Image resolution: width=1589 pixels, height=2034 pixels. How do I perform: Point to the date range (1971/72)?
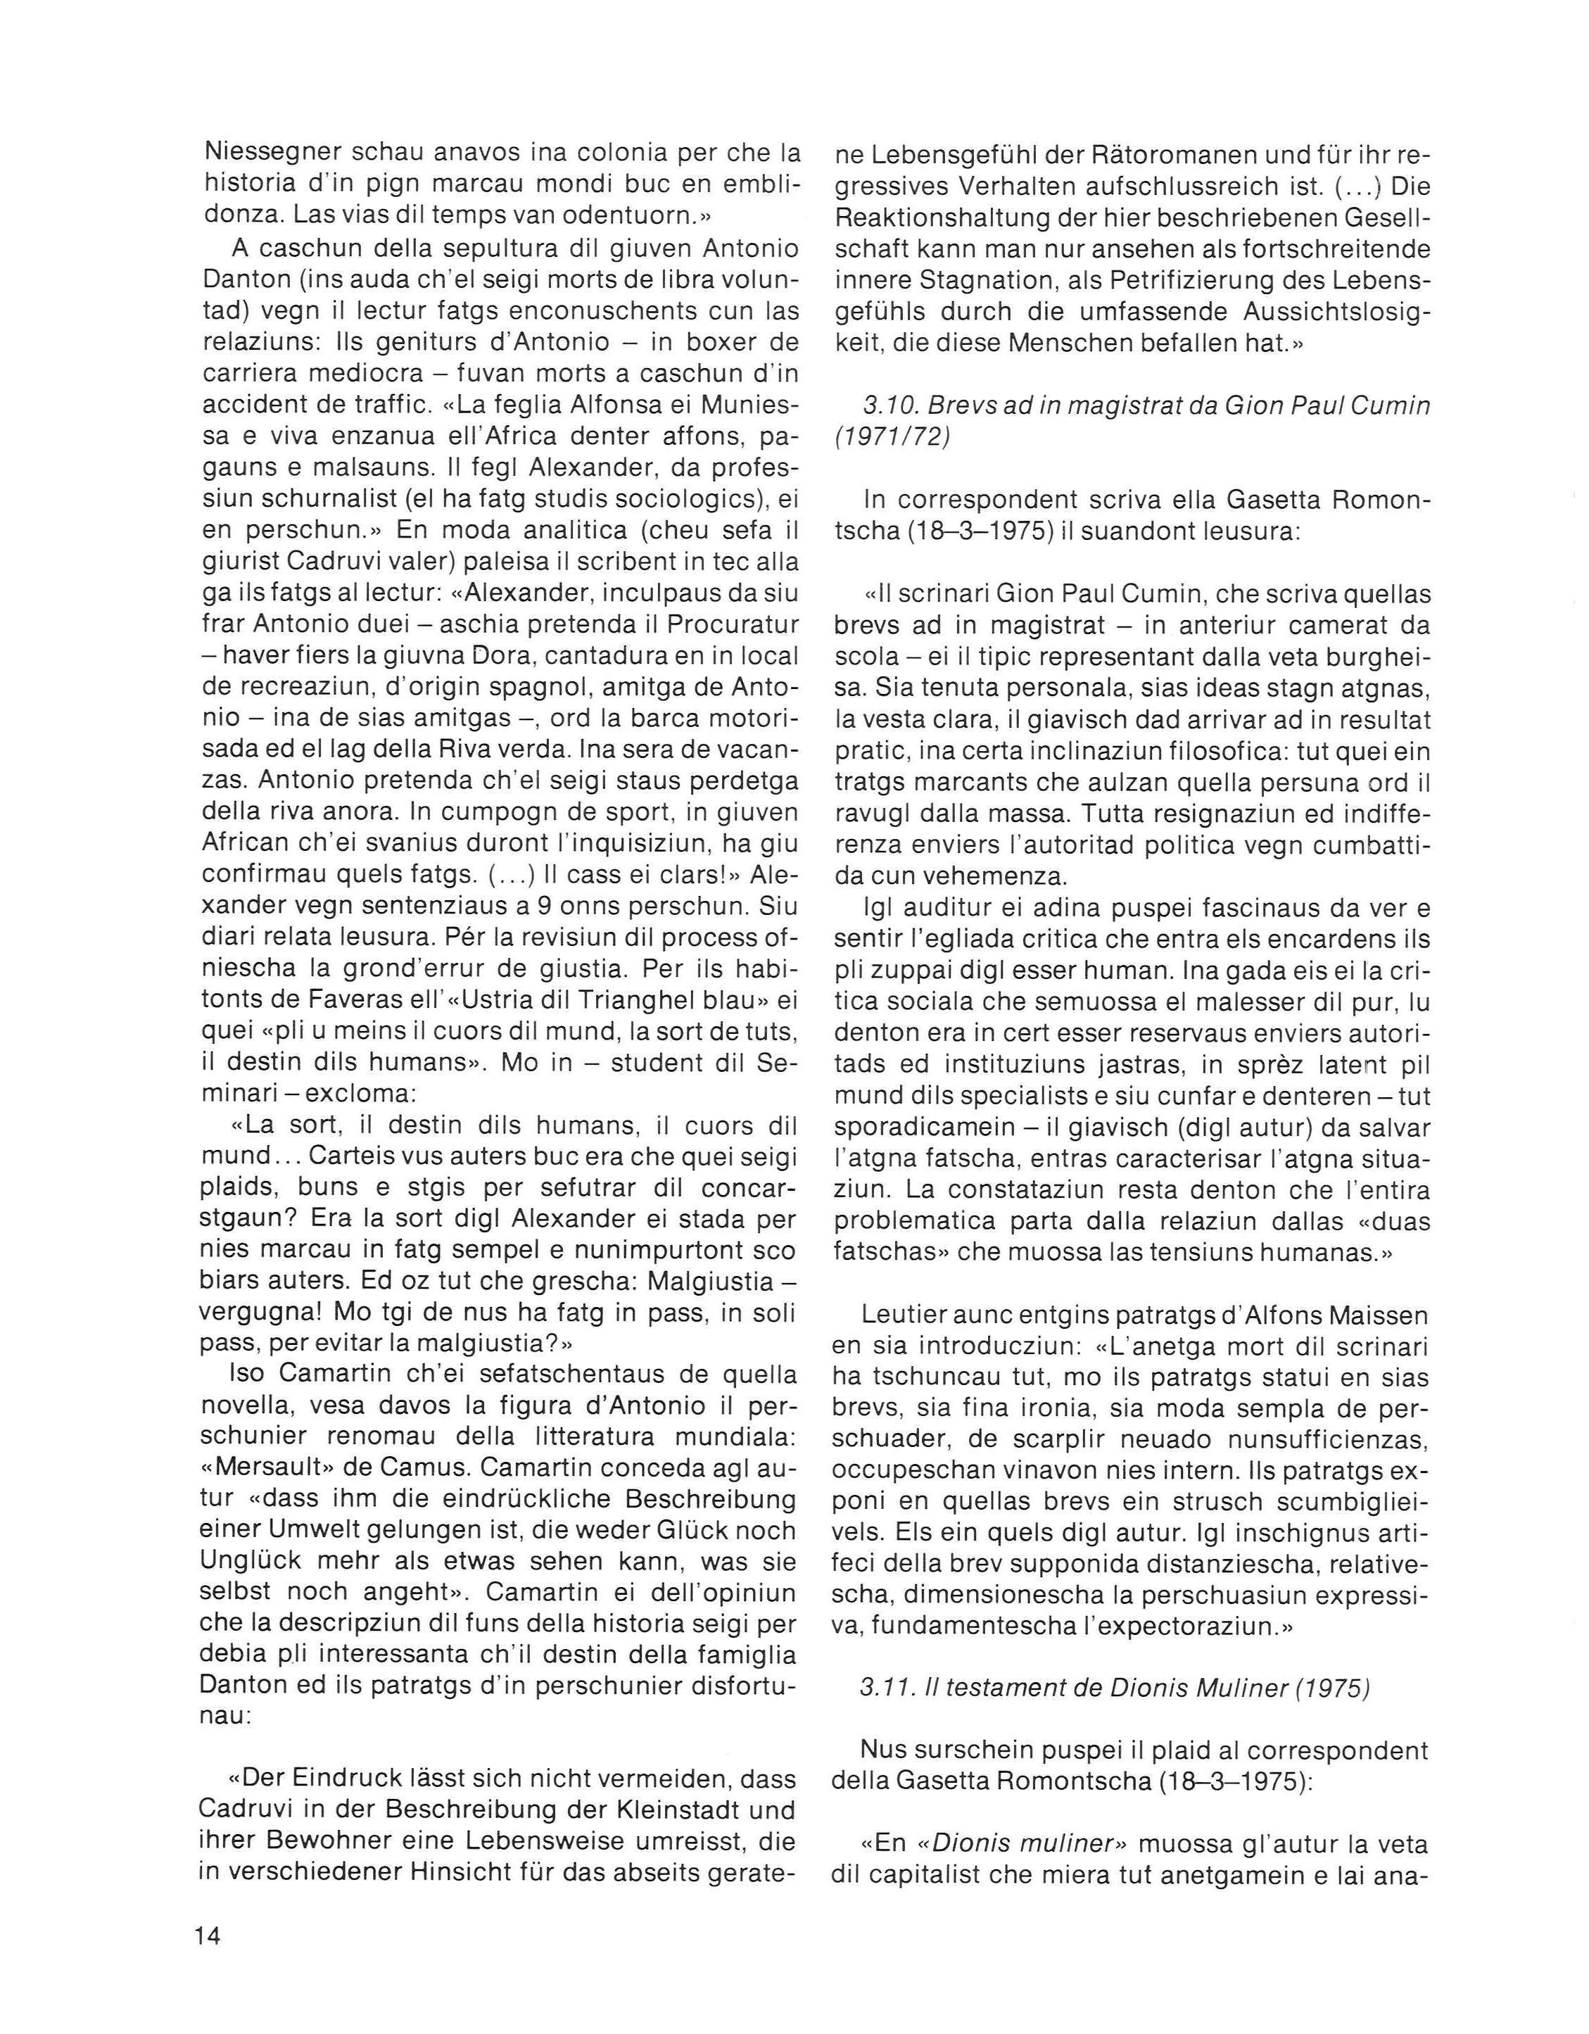(x=890, y=438)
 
